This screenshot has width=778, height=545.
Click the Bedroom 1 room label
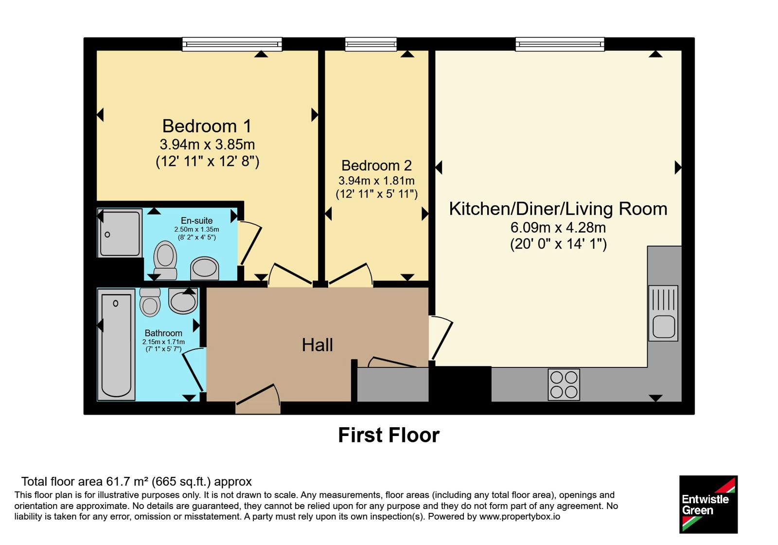[x=207, y=126]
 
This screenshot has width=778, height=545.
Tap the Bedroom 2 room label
[x=376, y=166]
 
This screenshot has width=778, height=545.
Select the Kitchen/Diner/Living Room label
[x=558, y=209]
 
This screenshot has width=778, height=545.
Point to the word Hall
[x=317, y=345]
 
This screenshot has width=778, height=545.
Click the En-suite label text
[x=196, y=221]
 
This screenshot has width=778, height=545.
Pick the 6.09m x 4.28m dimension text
[x=558, y=228]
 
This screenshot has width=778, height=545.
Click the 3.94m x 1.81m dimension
[x=376, y=181]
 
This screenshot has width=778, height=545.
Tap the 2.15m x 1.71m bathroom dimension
[x=163, y=342]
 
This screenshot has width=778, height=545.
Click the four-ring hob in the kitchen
[x=564, y=384]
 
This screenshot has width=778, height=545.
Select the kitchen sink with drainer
[x=663, y=313]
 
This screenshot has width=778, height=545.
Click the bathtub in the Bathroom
[x=116, y=345]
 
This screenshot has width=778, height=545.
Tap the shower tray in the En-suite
[x=120, y=233]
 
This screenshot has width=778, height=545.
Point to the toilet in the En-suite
[x=165, y=260]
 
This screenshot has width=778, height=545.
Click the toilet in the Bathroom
[x=150, y=302]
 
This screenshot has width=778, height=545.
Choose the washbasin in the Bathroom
[x=183, y=300]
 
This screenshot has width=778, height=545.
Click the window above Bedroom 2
[x=371, y=44]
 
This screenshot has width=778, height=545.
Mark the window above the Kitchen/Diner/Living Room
[x=560, y=44]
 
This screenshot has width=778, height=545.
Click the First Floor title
[x=389, y=435]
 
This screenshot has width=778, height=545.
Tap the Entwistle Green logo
[x=708, y=504]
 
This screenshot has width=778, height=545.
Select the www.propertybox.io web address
[x=520, y=516]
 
